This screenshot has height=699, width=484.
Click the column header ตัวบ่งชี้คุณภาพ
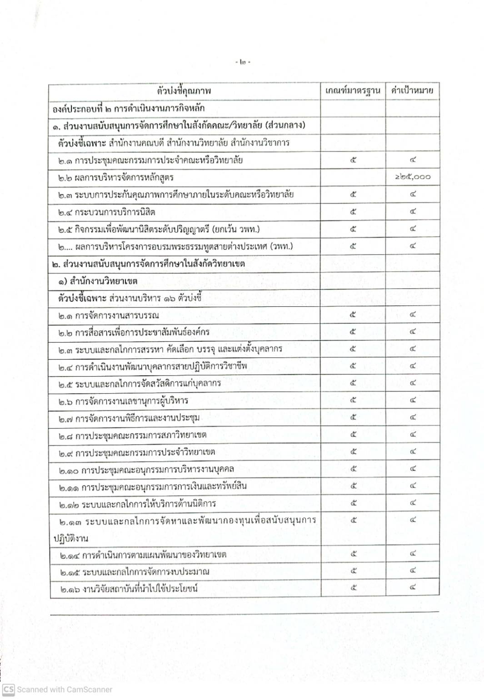click(184, 91)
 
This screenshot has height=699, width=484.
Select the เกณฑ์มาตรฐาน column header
click(353, 91)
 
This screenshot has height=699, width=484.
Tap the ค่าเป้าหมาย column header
click(412, 90)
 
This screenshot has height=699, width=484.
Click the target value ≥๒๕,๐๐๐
click(412, 177)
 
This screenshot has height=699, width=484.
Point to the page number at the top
click(244, 62)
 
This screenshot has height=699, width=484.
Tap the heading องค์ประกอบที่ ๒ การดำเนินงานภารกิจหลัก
click(129, 108)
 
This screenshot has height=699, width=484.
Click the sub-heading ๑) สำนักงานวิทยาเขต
click(98, 281)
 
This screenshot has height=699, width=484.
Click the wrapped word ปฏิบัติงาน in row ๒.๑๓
click(70, 538)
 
